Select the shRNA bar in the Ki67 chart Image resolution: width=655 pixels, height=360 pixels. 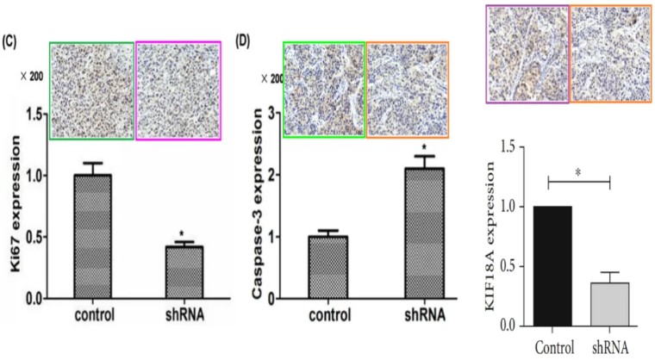click(x=182, y=272)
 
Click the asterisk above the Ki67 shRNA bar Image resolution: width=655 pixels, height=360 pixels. click(x=182, y=234)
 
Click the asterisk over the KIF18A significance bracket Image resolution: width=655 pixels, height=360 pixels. click(x=578, y=173)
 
